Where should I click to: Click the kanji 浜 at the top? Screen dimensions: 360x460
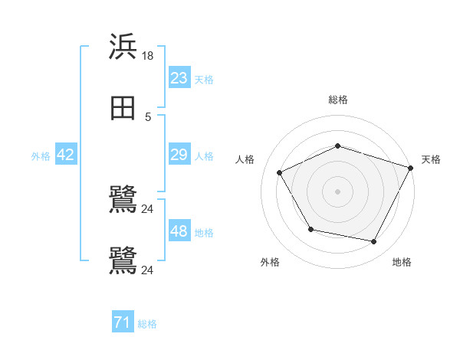[x=123, y=47]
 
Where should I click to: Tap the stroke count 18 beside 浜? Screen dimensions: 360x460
[x=149, y=56]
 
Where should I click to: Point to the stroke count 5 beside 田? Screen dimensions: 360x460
[x=148, y=116]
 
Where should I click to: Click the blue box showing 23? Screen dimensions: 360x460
[x=179, y=78]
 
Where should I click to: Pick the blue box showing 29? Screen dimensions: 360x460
[x=179, y=155]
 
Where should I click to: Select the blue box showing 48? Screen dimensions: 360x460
[x=179, y=231]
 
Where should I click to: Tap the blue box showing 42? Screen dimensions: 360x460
[x=66, y=155]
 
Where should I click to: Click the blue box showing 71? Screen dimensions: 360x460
[x=123, y=323]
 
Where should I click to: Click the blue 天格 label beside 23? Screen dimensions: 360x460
[x=204, y=80]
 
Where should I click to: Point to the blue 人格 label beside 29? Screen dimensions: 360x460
[x=204, y=156]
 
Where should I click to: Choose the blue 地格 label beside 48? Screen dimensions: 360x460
[x=204, y=233]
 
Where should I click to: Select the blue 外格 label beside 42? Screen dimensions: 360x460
[x=41, y=156]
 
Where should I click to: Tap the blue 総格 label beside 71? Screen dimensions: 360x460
[x=147, y=325]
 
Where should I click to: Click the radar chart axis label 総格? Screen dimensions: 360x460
[x=338, y=100]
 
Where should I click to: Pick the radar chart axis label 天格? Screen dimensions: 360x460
[x=431, y=159]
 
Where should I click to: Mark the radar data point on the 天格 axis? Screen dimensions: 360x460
[x=411, y=167]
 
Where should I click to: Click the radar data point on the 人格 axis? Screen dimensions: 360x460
[x=280, y=173]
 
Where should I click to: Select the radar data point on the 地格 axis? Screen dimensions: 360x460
[x=374, y=242]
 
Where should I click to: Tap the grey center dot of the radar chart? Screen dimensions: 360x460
[x=338, y=191]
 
